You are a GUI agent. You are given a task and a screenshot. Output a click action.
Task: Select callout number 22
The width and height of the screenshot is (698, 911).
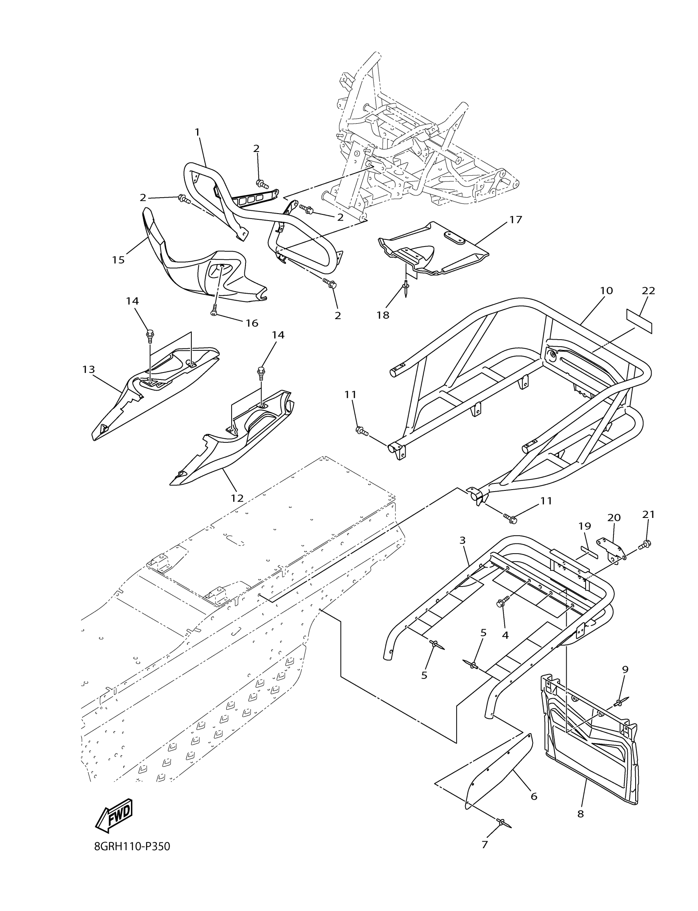point(648,291)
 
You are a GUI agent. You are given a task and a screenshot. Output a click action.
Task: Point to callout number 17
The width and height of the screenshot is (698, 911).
point(516,219)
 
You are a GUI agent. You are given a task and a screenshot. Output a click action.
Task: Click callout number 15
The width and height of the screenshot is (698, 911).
point(118,260)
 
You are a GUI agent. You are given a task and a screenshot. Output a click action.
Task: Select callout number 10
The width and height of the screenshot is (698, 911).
point(606,290)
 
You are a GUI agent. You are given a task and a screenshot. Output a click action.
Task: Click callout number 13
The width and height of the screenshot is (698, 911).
point(89,369)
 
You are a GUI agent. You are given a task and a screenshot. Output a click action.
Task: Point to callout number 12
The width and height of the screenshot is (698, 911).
point(237,498)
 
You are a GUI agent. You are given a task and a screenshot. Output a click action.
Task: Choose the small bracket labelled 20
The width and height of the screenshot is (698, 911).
point(611,548)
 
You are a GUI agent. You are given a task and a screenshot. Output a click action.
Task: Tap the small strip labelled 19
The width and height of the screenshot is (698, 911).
point(588,553)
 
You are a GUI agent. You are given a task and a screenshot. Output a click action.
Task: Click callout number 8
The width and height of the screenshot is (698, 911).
point(581,826)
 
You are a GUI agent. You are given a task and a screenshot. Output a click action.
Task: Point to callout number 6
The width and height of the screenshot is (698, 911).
point(534,796)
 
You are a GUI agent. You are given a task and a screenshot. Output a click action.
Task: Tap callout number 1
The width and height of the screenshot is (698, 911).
point(197,132)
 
